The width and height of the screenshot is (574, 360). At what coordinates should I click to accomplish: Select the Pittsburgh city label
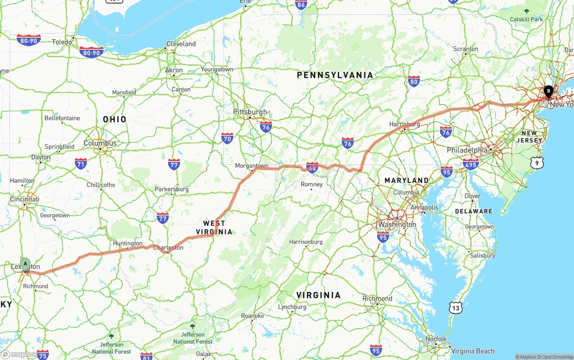250,112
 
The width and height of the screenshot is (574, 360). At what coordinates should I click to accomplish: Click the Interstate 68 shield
313,168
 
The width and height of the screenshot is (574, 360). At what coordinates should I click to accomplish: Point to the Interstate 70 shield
227,138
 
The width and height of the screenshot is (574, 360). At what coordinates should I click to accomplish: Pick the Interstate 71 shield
81,163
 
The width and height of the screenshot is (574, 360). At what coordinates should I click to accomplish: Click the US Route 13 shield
456,308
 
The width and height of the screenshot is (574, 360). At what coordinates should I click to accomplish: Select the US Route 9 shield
537,163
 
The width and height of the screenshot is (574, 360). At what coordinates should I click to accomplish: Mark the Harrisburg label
404,124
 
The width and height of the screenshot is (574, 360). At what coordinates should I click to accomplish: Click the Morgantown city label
252,166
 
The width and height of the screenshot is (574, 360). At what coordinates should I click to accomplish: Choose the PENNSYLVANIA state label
335,75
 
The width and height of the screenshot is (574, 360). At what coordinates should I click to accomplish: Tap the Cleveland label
181,44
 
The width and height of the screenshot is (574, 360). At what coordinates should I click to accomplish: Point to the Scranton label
465,49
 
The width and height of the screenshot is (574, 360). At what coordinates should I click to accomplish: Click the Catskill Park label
526,19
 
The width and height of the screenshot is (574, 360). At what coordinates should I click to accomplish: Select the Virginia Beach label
473,351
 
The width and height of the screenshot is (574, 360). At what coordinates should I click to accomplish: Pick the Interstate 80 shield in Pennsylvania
414,81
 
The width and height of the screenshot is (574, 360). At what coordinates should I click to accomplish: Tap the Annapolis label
424,208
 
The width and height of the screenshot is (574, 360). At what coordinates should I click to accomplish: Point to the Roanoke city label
252,316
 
